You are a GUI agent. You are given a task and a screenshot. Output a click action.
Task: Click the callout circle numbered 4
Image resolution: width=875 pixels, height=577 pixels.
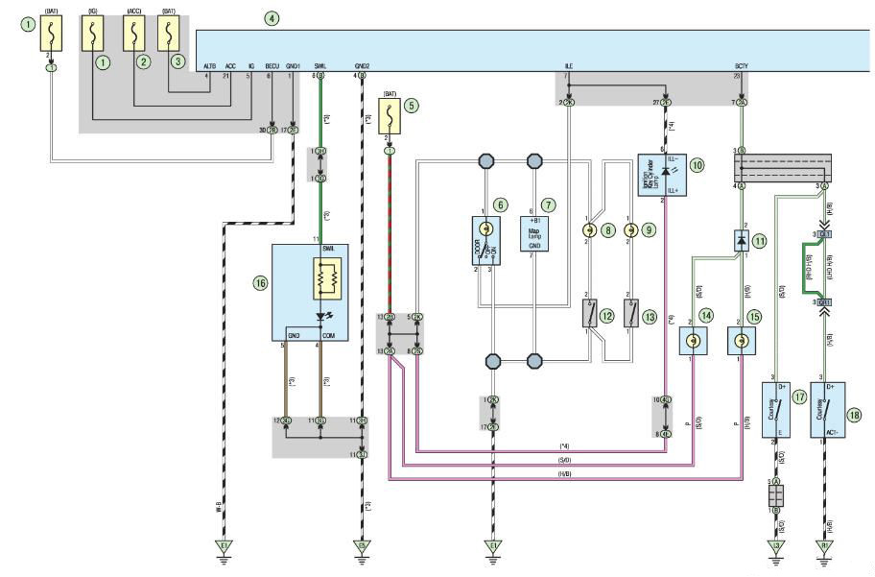click(273, 18)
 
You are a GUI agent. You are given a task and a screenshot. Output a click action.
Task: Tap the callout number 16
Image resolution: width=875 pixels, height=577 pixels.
click(259, 284)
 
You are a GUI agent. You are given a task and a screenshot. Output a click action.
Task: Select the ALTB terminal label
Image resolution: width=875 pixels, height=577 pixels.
click(211, 65)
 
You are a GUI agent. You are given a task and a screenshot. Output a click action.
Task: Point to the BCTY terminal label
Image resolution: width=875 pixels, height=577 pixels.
click(741, 65)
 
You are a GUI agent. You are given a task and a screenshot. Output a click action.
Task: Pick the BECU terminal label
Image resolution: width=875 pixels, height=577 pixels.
click(270, 65)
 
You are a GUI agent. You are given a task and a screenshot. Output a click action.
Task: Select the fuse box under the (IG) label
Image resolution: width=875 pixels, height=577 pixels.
click(93, 35)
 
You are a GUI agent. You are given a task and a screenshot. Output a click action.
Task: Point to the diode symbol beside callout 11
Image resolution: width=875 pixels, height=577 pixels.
click(741, 241)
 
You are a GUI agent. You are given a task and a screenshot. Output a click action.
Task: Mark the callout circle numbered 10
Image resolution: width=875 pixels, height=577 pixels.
click(698, 165)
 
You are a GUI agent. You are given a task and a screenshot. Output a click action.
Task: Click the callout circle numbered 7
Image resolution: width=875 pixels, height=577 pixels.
click(547, 204)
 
